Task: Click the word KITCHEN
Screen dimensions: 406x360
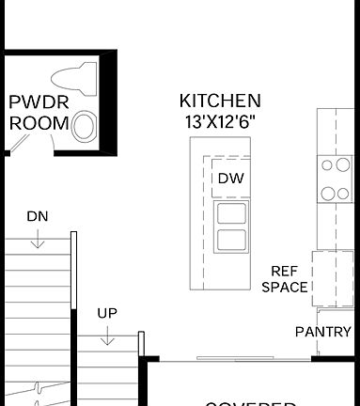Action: (x=221, y=101)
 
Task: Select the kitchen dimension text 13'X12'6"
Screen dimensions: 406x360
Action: (x=221, y=120)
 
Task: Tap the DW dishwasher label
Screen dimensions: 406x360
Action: (x=230, y=178)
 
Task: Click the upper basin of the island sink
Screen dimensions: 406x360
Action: (x=230, y=212)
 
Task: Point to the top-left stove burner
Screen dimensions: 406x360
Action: (x=330, y=166)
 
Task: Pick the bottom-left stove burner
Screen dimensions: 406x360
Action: (x=330, y=194)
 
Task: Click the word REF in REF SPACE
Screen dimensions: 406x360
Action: (x=285, y=271)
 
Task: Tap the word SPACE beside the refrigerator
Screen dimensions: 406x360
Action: (x=285, y=287)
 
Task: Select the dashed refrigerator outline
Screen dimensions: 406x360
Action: (x=331, y=278)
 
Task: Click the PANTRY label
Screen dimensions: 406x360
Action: (x=322, y=332)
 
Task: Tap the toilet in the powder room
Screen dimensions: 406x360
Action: (x=75, y=79)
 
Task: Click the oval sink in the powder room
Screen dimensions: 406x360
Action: (x=84, y=124)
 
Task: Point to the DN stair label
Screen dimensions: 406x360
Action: (x=37, y=216)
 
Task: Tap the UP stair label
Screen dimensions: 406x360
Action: (x=107, y=313)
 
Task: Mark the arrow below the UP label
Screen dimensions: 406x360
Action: (x=107, y=336)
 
